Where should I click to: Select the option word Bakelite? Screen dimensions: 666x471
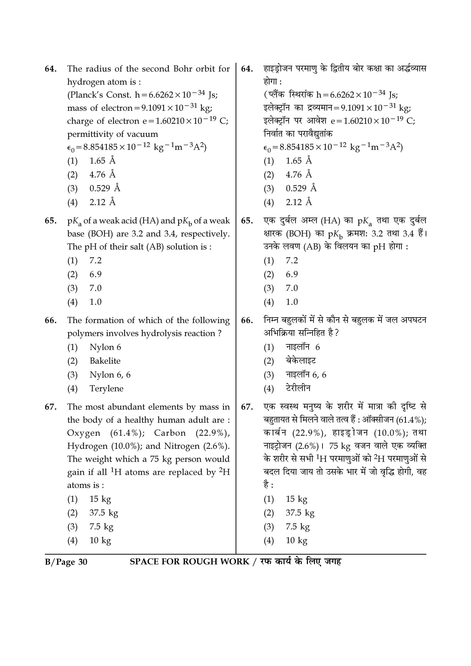tap(105, 361)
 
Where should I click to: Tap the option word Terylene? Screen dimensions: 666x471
tap(106, 388)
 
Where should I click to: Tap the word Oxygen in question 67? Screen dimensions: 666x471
tap(83, 433)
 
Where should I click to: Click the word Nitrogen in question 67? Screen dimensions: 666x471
tap(182, 446)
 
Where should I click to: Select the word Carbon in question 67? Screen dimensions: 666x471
tap(170, 433)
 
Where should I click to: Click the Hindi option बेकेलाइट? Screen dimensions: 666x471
tap(301, 361)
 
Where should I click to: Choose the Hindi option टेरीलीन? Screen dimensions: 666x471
tap(298, 388)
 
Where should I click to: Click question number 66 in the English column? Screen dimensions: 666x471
tap(51, 321)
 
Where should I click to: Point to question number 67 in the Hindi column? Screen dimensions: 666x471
tap(247, 407)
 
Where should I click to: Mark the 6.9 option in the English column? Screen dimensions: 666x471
tap(95, 274)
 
